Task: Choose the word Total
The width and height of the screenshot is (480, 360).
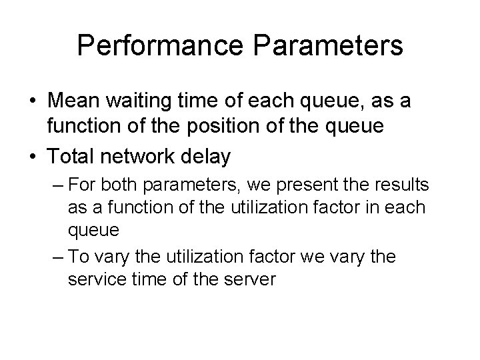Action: tap(73, 157)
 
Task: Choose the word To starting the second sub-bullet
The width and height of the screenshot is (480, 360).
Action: tap(78, 257)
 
